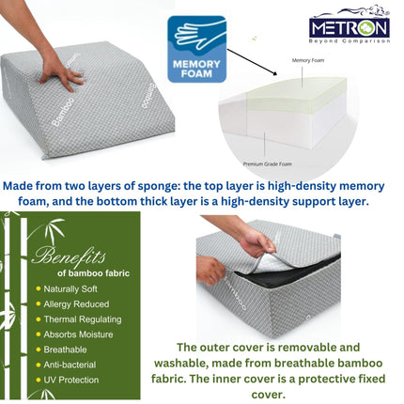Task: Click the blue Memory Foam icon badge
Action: (x=196, y=48)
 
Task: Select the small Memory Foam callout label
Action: (x=307, y=59)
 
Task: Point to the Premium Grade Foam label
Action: (x=266, y=162)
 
